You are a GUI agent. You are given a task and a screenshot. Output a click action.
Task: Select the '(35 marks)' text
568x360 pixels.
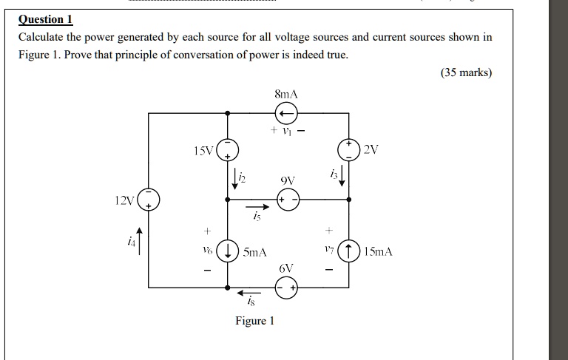click(466, 73)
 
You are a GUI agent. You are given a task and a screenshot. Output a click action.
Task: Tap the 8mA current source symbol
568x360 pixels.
click(286, 113)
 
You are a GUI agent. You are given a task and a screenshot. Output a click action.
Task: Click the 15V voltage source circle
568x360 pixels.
click(227, 150)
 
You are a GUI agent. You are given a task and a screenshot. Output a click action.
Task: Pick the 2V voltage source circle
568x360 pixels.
click(349, 149)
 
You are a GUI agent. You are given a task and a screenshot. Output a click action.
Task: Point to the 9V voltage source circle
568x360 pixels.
click(287, 200)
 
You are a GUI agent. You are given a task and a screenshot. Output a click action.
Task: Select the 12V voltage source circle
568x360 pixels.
click(149, 200)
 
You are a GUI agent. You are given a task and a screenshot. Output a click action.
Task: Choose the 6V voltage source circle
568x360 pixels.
click(286, 288)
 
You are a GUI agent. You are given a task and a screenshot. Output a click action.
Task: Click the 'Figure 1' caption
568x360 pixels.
click(254, 321)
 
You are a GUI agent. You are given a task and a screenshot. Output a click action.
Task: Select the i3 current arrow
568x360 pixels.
click(342, 178)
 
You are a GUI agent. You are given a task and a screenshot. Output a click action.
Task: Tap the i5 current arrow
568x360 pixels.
click(256, 208)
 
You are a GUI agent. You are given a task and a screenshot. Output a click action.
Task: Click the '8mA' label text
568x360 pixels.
click(285, 95)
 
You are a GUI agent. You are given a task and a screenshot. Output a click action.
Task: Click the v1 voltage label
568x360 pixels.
click(286, 132)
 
